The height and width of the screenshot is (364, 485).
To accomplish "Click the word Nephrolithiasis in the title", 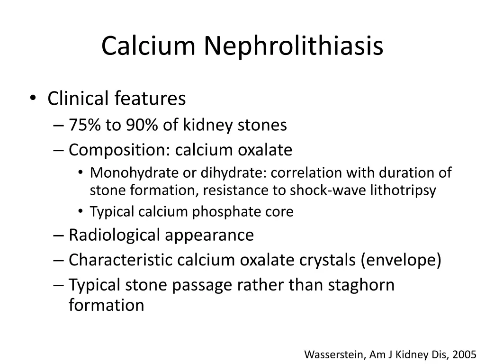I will [x=294, y=46].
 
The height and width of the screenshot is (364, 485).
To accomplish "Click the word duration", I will [x=404, y=173].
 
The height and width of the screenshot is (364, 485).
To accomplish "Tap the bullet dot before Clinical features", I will [x=32, y=99].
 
